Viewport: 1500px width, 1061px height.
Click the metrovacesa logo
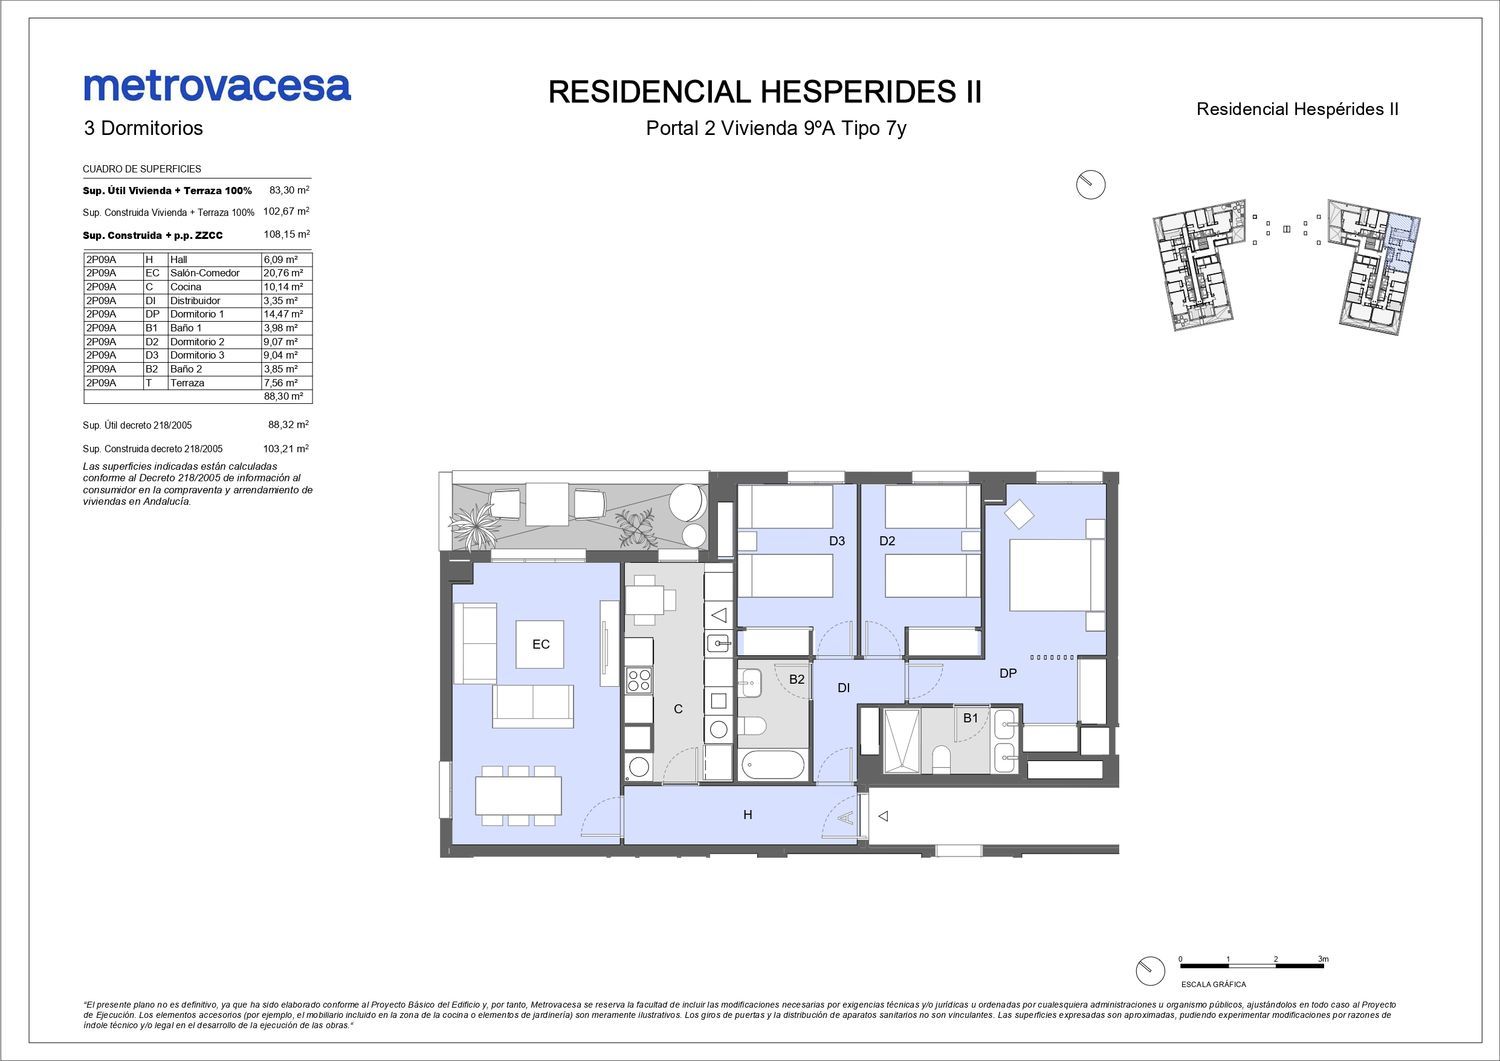click(217, 87)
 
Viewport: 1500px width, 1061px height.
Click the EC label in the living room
click(540, 644)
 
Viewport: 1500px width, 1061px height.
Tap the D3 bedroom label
click(836, 541)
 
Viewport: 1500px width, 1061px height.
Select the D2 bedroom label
click(887, 541)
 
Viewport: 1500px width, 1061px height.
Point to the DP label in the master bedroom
click(1008, 673)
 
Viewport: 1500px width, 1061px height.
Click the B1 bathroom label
click(970, 718)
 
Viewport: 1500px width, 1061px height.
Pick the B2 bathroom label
click(796, 679)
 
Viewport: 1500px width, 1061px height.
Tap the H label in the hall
click(747, 815)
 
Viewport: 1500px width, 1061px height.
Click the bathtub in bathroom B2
click(773, 765)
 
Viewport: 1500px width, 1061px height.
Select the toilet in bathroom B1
click(941, 759)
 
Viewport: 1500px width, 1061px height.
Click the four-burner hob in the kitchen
click(639, 680)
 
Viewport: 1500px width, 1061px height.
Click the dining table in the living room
click(518, 795)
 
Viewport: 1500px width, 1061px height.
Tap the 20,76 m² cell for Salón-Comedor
click(283, 273)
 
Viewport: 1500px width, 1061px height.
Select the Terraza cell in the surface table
click(187, 383)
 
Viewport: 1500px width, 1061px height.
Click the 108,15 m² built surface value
click(287, 234)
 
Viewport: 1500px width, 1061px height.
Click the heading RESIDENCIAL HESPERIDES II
click(765, 92)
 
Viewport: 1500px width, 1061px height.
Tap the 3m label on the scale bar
click(1323, 959)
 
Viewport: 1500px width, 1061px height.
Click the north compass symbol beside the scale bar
click(1150, 971)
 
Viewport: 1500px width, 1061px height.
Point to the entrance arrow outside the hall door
click(883, 816)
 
